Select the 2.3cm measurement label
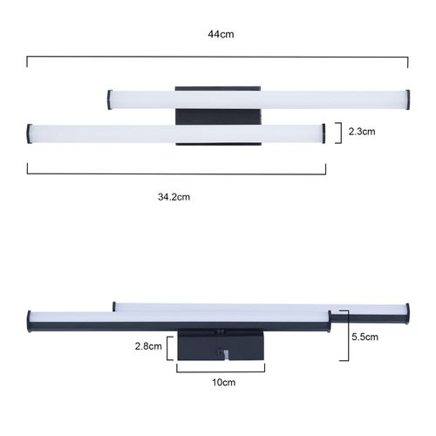[x=360, y=132]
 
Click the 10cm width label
[x=223, y=383]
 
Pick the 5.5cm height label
[x=365, y=336]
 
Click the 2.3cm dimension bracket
[x=338, y=133]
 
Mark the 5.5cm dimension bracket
[x=344, y=335]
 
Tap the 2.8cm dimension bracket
[x=171, y=346]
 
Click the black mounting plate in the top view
[x=217, y=115]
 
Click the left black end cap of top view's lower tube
[x=29, y=133]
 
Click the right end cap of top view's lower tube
[x=324, y=133]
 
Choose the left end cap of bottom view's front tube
[x=30, y=320]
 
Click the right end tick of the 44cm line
[x=408, y=62]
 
